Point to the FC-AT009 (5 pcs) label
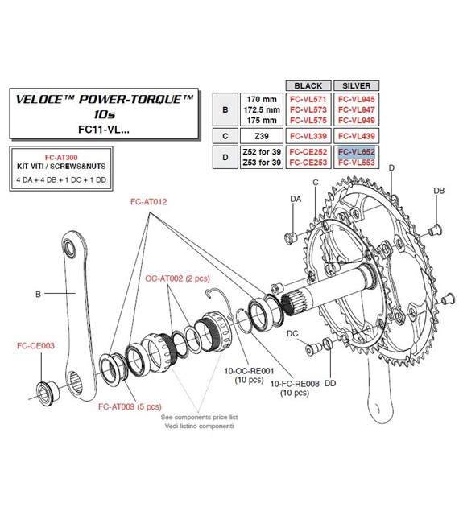(x=133, y=407)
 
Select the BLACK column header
(x=308, y=85)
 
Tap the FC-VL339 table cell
(x=308, y=135)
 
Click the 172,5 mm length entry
(x=258, y=109)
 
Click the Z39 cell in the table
(x=259, y=135)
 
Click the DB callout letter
(x=438, y=191)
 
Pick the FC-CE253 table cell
(x=308, y=162)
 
